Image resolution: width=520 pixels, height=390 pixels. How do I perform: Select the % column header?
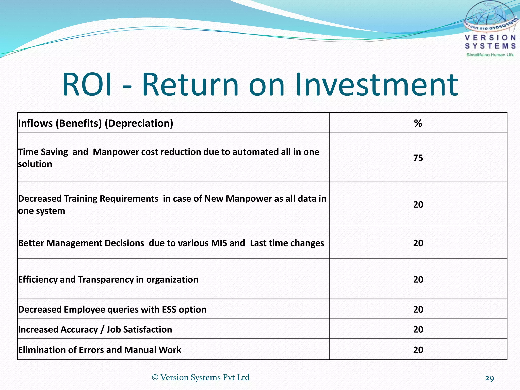tap(418, 123)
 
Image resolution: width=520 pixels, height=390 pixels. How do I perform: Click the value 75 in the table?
tap(418, 158)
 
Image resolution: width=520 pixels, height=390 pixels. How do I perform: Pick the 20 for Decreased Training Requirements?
tap(418, 205)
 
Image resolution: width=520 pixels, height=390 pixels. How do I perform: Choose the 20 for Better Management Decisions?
tap(418, 243)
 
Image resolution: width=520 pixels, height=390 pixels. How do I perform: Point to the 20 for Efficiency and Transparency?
tap(418, 280)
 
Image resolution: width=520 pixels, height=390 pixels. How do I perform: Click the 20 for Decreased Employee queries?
tap(418, 310)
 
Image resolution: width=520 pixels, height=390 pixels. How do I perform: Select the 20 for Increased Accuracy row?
tap(418, 330)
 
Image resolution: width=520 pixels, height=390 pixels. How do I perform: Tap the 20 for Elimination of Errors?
tap(418, 350)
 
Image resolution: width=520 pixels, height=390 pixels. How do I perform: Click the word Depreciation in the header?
tap(139, 123)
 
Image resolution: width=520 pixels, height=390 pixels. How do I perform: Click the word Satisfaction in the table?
tap(148, 330)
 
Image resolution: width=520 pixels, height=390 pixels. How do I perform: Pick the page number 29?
tap(489, 378)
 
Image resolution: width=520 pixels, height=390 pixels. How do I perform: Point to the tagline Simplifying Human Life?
tap(490, 55)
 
